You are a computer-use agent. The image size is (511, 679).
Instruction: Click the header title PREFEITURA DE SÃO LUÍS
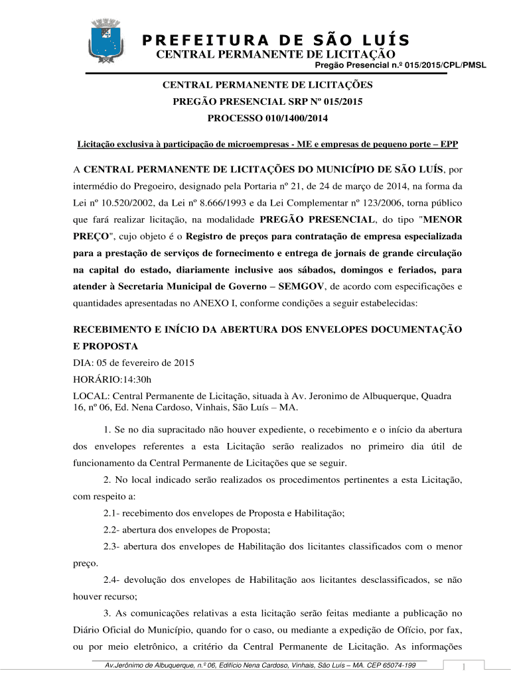275,40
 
